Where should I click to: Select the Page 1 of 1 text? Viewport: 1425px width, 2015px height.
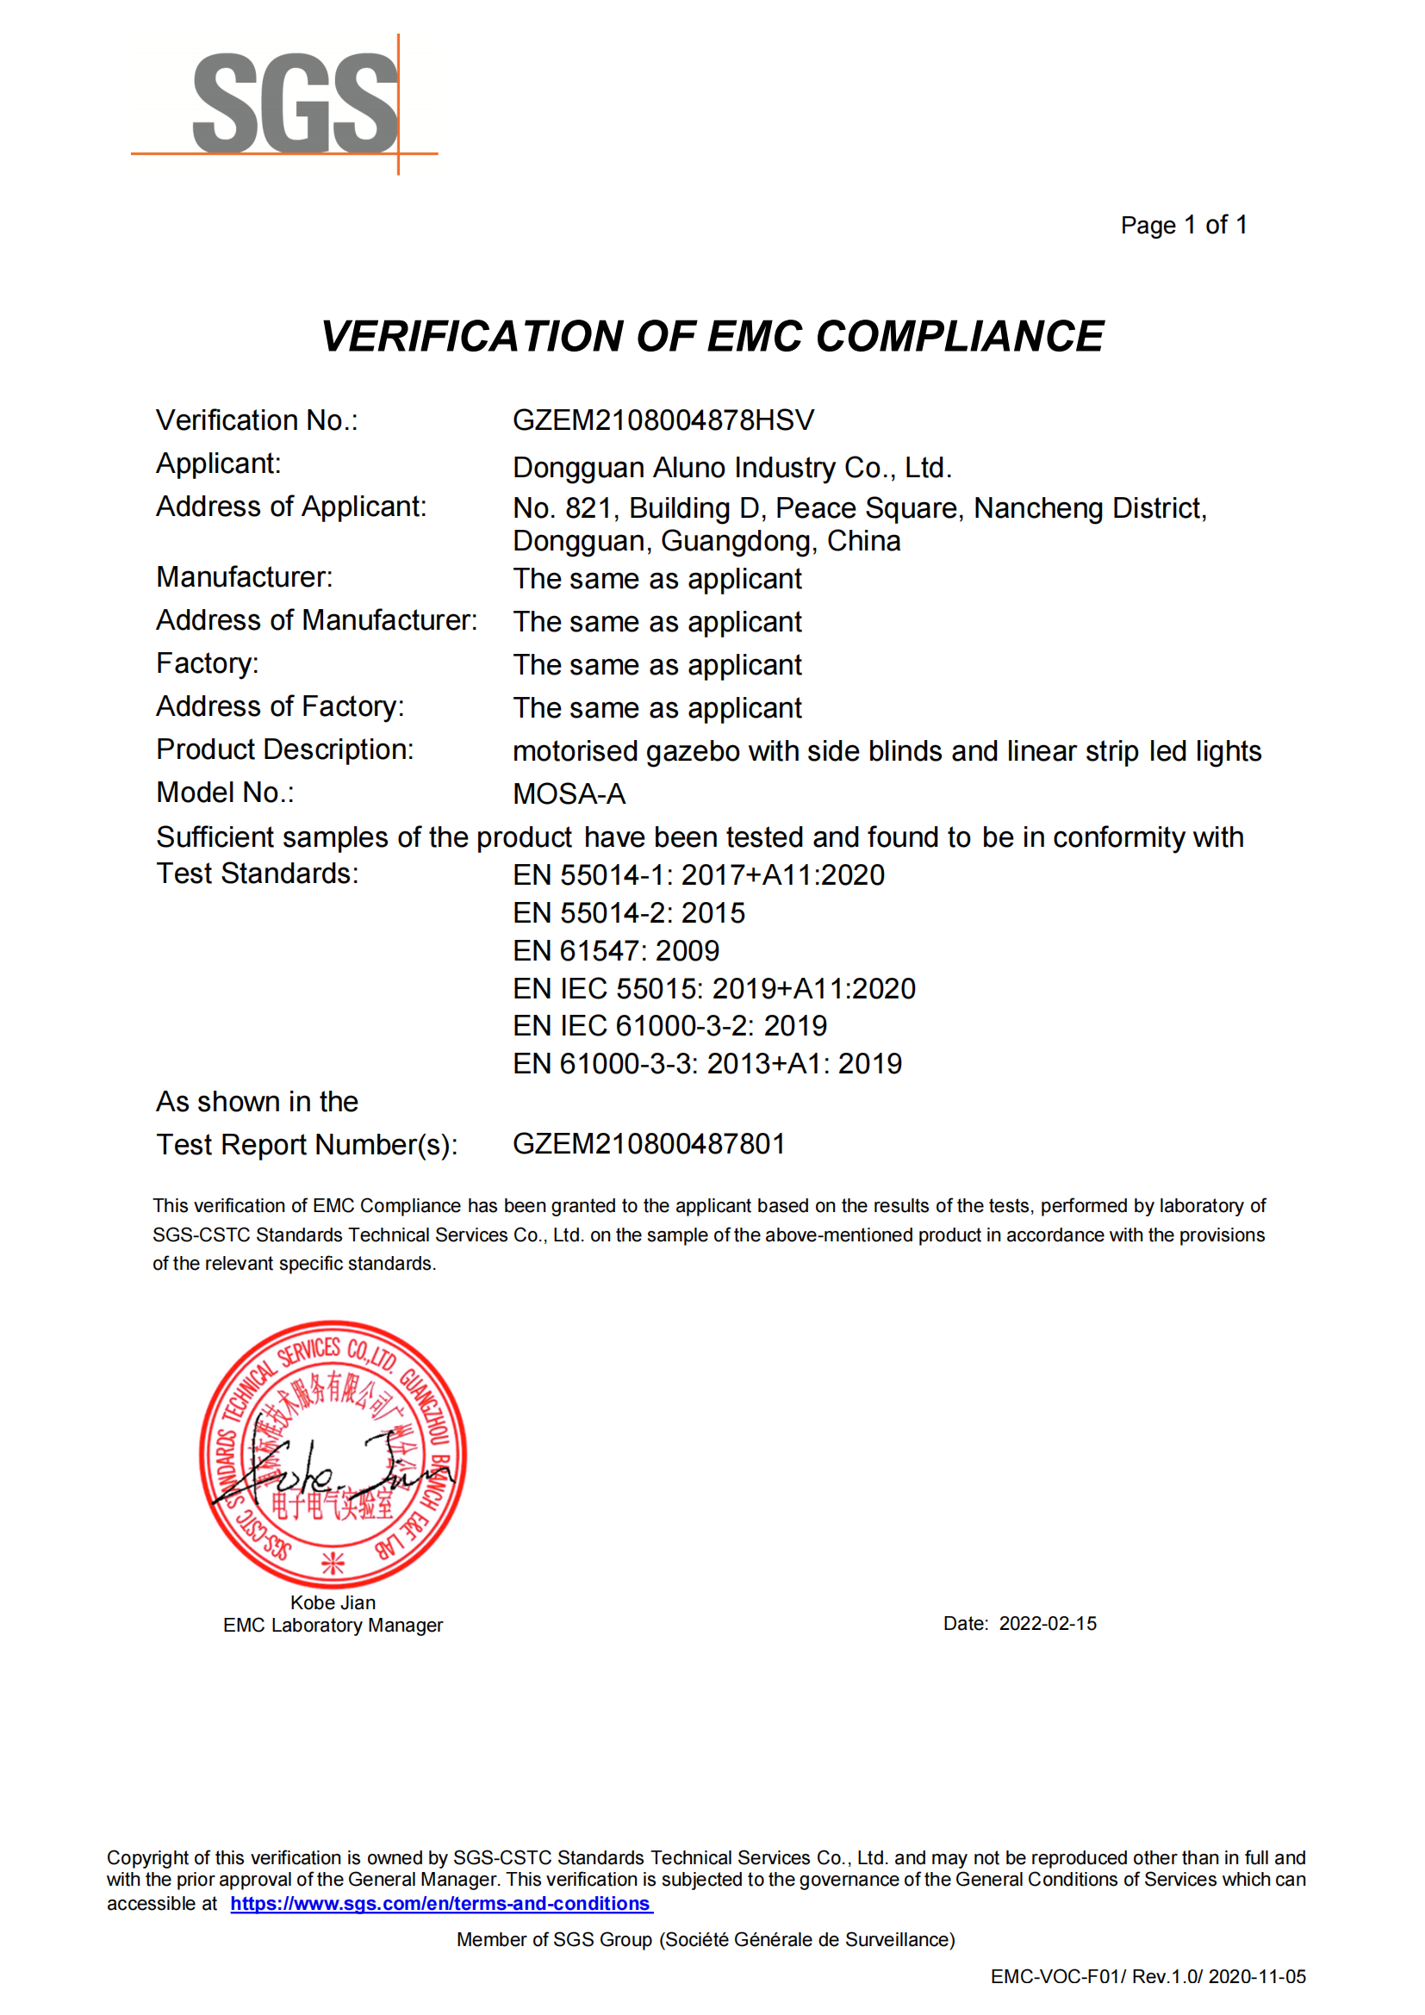(1183, 226)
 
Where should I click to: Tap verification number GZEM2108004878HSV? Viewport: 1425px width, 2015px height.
(663, 420)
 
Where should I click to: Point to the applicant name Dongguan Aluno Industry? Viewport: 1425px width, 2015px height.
(731, 468)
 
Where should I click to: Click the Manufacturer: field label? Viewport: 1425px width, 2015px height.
(244, 577)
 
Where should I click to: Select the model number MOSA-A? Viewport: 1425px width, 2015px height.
(569, 794)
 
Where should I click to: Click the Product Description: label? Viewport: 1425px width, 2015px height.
(284, 749)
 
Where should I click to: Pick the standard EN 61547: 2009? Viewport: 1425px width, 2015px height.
(615, 950)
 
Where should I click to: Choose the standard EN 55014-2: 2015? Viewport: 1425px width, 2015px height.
(628, 912)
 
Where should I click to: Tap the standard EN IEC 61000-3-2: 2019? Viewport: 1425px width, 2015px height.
(669, 1026)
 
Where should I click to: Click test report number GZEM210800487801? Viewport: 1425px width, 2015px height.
(649, 1144)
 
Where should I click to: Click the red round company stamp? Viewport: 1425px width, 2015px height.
(333, 1454)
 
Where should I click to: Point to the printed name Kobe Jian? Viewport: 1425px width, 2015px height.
(333, 1602)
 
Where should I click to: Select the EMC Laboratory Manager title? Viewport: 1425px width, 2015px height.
(333, 1626)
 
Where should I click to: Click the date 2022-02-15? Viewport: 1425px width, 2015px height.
(1047, 1624)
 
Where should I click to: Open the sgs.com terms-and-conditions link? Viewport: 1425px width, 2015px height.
(440, 1904)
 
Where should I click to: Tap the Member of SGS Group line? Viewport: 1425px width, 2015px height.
(705, 1939)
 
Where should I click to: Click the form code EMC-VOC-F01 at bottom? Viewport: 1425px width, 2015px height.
(1057, 1976)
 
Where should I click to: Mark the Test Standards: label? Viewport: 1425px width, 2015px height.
(257, 874)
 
